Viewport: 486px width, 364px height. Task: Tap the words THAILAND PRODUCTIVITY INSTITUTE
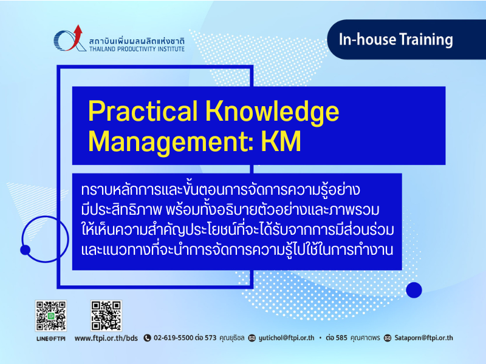(x=137, y=49)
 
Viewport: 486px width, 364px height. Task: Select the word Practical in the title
(x=143, y=111)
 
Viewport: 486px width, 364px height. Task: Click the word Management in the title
(x=171, y=142)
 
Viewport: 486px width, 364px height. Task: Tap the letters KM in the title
(x=281, y=141)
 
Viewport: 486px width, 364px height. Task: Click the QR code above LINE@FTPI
(x=51, y=315)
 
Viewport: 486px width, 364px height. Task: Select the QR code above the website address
(x=106, y=315)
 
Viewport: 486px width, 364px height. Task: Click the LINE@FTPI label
(x=51, y=339)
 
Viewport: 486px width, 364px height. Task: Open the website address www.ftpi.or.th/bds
(x=106, y=338)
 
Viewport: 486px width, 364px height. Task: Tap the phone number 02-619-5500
(x=174, y=338)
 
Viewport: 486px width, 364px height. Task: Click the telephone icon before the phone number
(x=147, y=338)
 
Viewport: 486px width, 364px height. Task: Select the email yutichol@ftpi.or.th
(x=286, y=338)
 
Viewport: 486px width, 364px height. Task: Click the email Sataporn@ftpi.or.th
(x=423, y=338)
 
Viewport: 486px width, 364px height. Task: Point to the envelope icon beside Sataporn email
(x=388, y=338)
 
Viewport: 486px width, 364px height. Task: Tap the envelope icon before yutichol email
(x=252, y=338)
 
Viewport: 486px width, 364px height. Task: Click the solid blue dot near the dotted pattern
(x=414, y=290)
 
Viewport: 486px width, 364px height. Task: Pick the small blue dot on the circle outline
(x=25, y=250)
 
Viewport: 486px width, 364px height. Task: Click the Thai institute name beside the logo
(x=137, y=41)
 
